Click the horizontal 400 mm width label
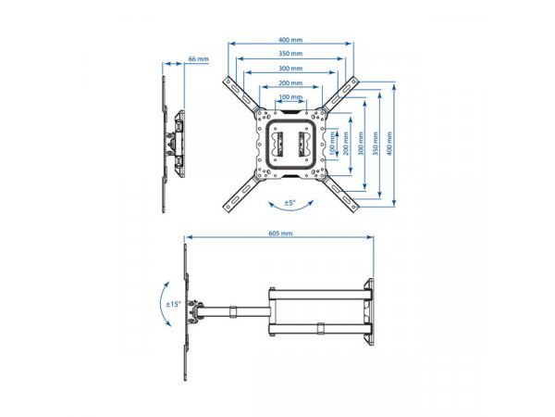click(290, 40)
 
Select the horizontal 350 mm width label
click(290, 54)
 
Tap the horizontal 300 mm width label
click(290, 69)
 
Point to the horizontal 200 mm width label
click(290, 82)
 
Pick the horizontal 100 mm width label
click(290, 96)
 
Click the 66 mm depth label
click(197, 59)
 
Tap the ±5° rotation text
click(289, 202)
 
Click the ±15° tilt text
click(172, 304)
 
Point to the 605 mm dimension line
click(278, 240)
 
